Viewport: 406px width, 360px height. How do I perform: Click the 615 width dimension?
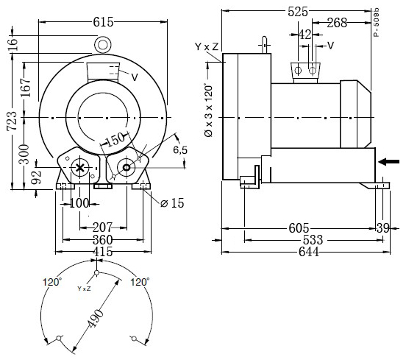(x=103, y=22)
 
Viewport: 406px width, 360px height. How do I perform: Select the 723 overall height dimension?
(x=12, y=121)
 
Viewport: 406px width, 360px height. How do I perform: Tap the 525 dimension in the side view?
(x=298, y=12)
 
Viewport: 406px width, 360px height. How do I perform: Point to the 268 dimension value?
(x=337, y=23)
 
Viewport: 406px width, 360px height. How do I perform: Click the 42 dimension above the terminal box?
(x=305, y=35)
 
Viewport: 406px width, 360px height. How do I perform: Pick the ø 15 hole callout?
(x=172, y=203)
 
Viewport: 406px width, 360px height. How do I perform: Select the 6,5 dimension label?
(x=180, y=149)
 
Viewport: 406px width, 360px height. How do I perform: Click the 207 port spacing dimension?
(x=102, y=227)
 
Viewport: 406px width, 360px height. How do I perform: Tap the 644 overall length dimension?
(x=309, y=251)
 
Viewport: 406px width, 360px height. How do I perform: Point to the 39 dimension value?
(x=383, y=228)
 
